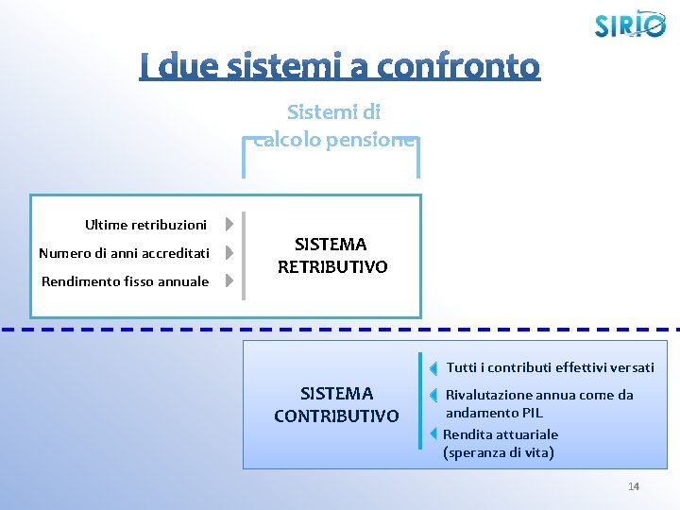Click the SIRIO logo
pos(630,24)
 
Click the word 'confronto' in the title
pos(458,67)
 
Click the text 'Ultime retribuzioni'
pos(145,225)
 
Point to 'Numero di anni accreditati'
pos(124,253)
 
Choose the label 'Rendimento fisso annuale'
pos(125,281)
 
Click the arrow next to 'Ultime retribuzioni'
pos(229,225)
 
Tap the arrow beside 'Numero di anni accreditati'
pos(229,253)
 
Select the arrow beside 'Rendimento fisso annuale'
pos(229,281)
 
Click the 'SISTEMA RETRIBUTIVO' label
pos(332,255)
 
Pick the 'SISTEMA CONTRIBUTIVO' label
pos(336,404)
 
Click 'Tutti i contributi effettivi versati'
pos(550,367)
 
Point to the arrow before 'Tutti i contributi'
pos(431,368)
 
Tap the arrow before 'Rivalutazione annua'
pos(431,396)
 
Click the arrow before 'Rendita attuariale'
pos(431,434)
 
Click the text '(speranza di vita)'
pos(499,453)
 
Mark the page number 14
pos(634,486)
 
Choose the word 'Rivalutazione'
pos(486,395)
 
